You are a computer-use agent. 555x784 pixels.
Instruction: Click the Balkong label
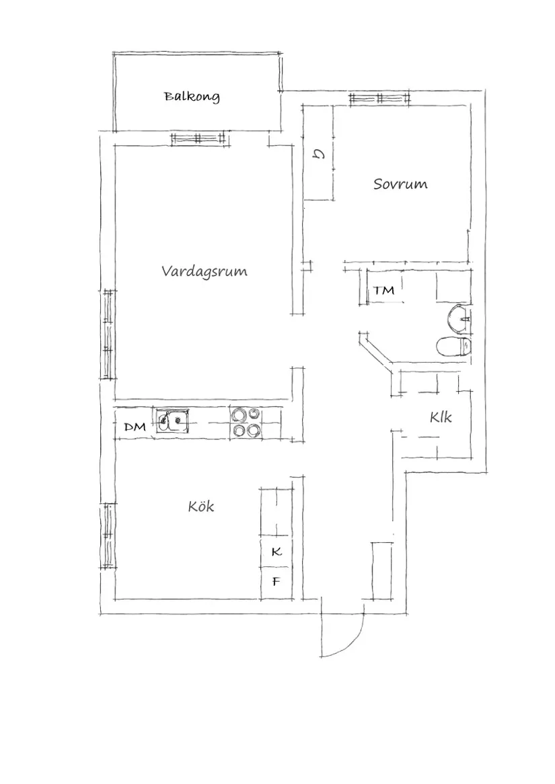(x=192, y=97)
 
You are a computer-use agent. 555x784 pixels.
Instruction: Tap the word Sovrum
(x=400, y=184)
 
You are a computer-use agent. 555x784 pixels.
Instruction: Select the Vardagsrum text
(x=204, y=271)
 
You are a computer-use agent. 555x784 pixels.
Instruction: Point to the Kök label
(x=201, y=506)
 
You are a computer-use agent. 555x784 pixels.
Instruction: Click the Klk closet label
(x=441, y=417)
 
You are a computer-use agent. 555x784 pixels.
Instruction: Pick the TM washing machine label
(x=384, y=291)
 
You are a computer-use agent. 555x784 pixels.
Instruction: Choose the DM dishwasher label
(x=135, y=427)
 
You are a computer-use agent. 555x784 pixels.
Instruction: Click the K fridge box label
(x=276, y=552)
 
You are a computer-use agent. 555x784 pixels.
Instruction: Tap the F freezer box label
(x=276, y=582)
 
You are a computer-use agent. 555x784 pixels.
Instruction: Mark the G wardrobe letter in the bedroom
(x=319, y=156)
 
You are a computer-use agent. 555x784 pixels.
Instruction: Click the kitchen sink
(x=173, y=422)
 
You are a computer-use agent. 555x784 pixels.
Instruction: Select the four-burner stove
(x=245, y=423)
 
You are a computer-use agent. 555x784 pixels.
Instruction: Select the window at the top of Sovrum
(x=380, y=99)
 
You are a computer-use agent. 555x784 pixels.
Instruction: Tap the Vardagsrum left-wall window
(x=108, y=334)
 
